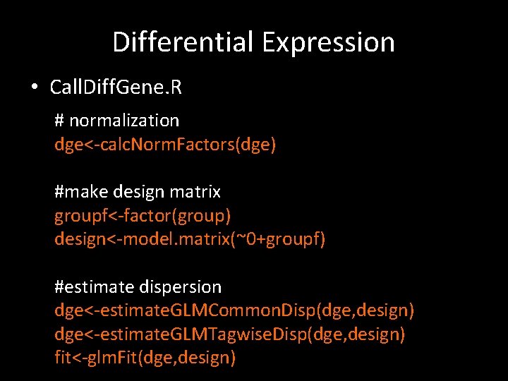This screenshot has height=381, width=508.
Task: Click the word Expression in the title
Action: tap(328, 42)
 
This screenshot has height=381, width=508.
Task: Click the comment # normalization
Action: tap(116, 121)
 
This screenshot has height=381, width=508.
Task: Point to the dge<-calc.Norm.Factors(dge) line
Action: tap(165, 145)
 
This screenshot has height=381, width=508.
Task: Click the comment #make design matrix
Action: tap(138, 191)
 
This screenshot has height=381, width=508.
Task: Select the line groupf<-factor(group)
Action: tap(143, 215)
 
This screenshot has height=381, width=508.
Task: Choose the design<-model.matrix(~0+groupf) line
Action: tap(190, 239)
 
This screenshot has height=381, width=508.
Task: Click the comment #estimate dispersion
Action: tap(138, 287)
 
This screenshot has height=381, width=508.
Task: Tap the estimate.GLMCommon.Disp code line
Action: tap(234, 310)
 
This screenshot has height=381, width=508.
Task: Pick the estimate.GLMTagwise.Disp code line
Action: tap(230, 334)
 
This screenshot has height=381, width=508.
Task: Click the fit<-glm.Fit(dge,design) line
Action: tap(145, 358)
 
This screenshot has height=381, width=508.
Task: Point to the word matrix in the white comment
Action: tap(196, 191)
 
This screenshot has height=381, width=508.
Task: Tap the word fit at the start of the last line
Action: tap(64, 358)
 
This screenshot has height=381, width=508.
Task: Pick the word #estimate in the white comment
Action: tap(89, 287)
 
